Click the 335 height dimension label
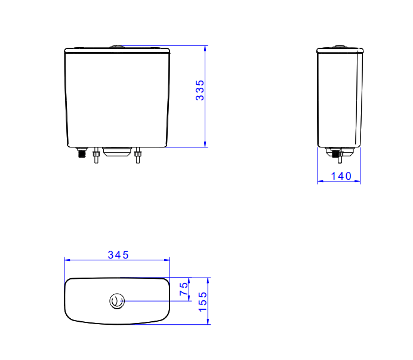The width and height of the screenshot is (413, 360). click(200, 90)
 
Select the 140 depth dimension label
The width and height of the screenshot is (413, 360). click(341, 176)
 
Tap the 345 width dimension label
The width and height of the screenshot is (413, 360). click(118, 255)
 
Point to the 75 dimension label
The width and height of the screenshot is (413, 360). click(184, 289)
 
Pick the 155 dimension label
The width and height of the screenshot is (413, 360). click(202, 301)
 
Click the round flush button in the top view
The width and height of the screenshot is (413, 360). click(117, 301)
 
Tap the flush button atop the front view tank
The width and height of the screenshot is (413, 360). click(117, 47)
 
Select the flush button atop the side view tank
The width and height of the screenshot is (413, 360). click(340, 47)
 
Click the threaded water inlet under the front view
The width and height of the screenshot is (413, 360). click(82, 153)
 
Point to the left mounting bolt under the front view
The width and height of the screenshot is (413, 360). click(97, 155)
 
